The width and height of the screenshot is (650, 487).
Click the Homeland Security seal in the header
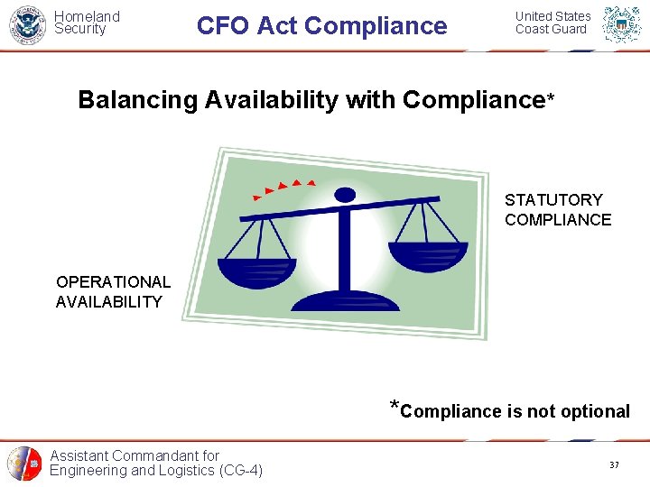27,24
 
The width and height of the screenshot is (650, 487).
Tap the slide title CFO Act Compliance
321,25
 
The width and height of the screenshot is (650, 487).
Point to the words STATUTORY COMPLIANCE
558,209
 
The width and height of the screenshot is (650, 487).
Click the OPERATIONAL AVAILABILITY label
113,292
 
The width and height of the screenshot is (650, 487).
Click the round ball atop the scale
345,194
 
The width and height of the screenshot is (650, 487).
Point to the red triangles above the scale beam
283,188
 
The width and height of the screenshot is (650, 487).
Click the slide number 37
614,464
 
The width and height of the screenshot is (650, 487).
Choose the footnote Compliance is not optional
515,411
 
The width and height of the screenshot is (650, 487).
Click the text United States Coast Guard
552,23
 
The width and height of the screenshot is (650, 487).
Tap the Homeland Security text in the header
87,23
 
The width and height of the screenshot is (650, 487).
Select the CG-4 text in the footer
238,470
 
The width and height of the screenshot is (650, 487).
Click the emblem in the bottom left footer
24,464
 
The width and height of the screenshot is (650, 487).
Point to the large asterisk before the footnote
394,405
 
